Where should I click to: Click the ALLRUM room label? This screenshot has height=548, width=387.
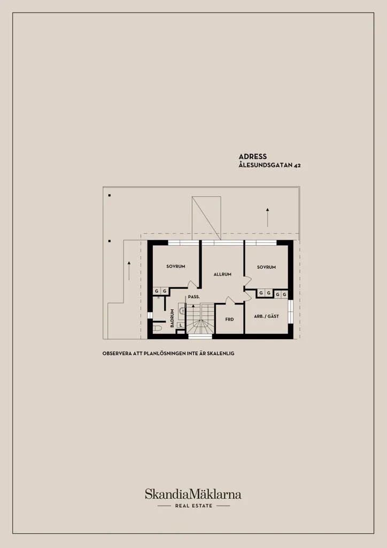222,275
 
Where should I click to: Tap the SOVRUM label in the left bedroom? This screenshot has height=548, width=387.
175,267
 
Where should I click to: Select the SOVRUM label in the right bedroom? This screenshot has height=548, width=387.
266,267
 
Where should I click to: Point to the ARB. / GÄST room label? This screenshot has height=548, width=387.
266,316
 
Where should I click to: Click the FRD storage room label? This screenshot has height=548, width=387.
229,319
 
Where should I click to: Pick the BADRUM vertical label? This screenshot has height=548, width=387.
172,318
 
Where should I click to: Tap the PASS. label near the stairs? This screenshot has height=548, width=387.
193,297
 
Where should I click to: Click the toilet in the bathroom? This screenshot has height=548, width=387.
157,329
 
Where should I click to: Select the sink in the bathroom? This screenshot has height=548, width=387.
181,310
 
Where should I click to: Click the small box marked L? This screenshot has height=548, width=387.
181,325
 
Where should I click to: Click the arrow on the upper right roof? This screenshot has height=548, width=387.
267,217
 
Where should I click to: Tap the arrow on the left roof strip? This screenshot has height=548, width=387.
129,270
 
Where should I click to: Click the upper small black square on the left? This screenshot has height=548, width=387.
109,195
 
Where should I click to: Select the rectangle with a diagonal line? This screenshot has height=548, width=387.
206,218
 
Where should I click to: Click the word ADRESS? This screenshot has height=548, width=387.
253,157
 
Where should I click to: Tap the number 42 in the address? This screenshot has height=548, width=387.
297,166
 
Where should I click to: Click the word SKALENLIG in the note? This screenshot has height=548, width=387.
221,353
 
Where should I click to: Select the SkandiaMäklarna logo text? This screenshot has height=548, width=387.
193,494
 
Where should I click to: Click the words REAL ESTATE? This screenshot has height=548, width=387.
193,506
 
